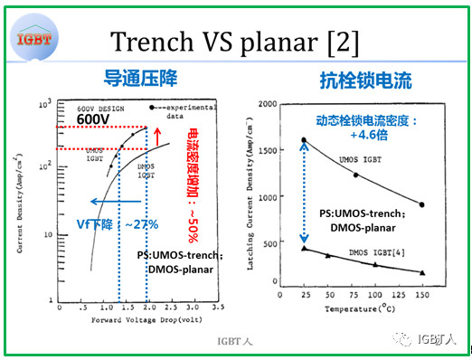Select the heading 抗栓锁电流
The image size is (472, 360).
point(366,81)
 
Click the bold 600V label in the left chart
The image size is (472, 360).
point(94,119)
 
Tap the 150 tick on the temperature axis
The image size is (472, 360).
point(420,296)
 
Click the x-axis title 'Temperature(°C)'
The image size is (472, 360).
point(360,308)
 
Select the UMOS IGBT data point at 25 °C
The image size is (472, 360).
point(303,140)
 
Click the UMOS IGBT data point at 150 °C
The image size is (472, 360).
point(420,204)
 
